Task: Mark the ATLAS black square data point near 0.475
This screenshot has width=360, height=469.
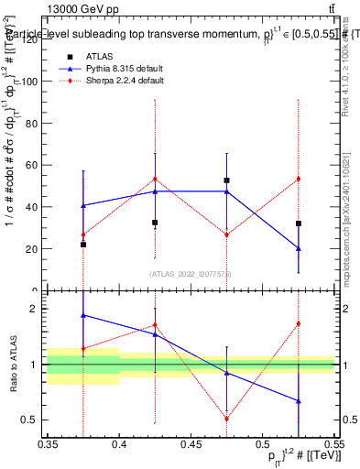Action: (226, 180)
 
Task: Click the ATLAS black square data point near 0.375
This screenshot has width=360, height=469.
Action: (83, 245)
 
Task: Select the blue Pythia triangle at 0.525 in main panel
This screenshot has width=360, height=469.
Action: (298, 248)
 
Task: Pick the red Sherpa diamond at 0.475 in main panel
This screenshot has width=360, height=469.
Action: (226, 234)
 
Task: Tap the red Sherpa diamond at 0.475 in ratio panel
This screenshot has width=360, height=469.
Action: (226, 419)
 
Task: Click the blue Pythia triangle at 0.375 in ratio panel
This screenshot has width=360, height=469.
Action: (83, 315)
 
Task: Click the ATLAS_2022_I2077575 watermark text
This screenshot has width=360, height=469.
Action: (190, 274)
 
